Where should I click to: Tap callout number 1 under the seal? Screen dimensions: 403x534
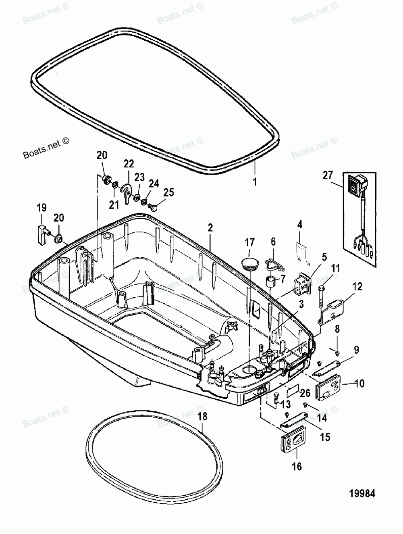255,181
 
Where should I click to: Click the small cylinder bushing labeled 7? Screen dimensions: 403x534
270,281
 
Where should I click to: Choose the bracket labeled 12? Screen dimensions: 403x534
331,312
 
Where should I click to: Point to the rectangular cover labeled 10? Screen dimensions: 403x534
328,386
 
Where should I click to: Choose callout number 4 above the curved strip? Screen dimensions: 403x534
300,225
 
